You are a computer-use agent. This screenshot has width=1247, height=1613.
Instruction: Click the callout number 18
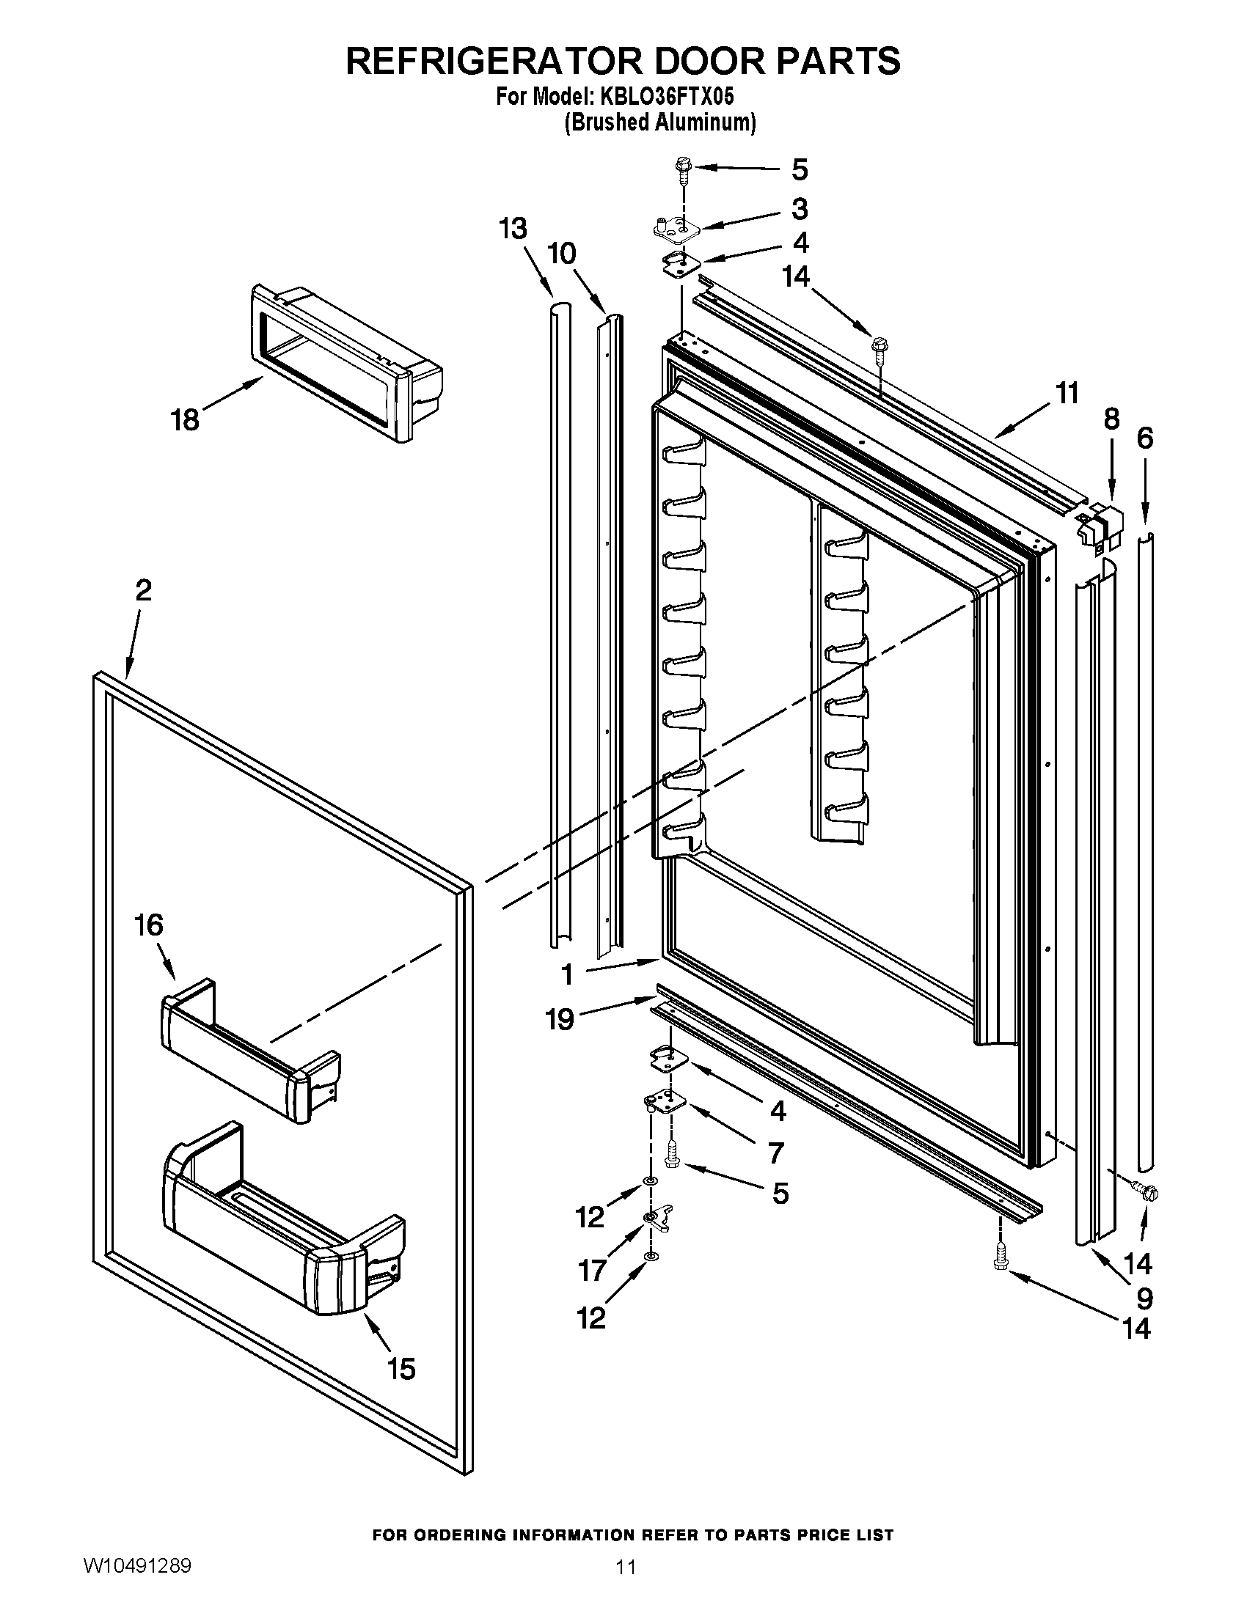[x=185, y=420]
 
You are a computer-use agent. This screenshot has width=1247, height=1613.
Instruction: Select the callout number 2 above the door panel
[x=143, y=590]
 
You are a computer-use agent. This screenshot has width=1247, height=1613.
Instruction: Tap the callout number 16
[x=148, y=925]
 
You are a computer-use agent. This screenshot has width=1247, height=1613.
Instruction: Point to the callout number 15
[x=401, y=1369]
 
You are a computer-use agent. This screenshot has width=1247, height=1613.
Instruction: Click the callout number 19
[x=559, y=1020]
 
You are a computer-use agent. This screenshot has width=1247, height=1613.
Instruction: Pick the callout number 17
[x=592, y=1271]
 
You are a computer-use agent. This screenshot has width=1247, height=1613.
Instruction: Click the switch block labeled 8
[x=1099, y=523]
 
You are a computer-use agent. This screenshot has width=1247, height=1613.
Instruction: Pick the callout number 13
[x=511, y=229]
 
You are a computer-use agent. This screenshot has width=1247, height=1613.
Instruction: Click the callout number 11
[x=1067, y=394]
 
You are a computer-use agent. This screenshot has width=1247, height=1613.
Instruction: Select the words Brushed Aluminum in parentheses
[x=659, y=122]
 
